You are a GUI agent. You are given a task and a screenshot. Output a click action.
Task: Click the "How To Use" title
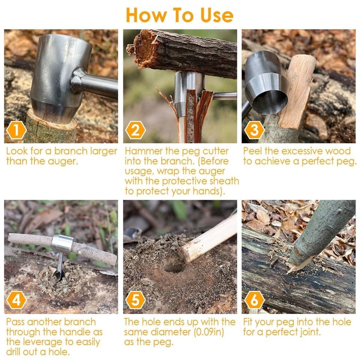pyautogui.click(x=180, y=15)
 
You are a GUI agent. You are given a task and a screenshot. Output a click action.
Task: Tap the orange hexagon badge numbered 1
pyautogui.click(x=16, y=130)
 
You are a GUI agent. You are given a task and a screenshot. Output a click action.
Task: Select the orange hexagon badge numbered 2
pyautogui.click(x=135, y=130)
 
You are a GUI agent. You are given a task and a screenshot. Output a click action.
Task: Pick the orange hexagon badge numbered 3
pyautogui.click(x=254, y=130)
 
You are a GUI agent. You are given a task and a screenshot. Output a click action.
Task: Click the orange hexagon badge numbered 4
pyautogui.click(x=16, y=301)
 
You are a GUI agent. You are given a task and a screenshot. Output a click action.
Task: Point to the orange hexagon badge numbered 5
pyautogui.click(x=135, y=301)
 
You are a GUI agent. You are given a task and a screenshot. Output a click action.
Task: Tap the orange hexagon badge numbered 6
pyautogui.click(x=254, y=301)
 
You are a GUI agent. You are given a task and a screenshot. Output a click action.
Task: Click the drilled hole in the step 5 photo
pyautogui.click(x=174, y=266)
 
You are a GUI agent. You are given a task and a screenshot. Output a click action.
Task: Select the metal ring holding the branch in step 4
pyautogui.click(x=62, y=244)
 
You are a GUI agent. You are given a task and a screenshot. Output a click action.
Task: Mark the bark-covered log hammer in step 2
pyautogui.click(x=184, y=52)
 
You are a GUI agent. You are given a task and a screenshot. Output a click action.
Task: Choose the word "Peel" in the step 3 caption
pyautogui.click(x=253, y=151)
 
